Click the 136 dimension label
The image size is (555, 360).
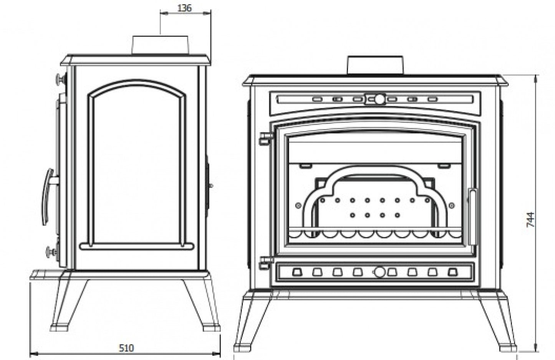click(x=185, y=8)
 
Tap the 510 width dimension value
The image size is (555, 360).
click(x=126, y=348)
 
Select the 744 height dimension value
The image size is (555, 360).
click(x=530, y=220)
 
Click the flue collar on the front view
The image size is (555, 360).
click(x=375, y=65)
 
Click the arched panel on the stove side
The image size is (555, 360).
click(x=136, y=165)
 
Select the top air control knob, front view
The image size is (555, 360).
click(x=379, y=99)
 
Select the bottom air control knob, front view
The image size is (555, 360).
click(x=379, y=272)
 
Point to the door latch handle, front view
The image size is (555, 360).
click(x=472, y=217)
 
